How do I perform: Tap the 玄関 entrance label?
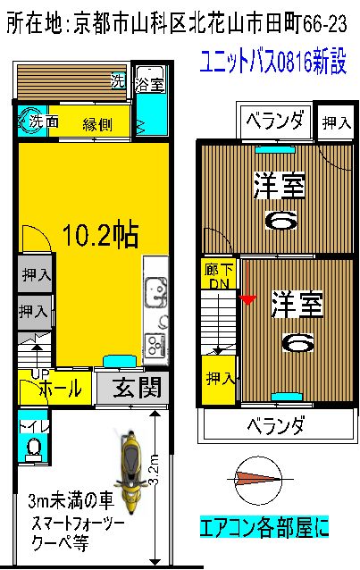point(137,388)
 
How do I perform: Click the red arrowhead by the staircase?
point(247,299)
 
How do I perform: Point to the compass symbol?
point(259,479)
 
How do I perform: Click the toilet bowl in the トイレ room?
point(34,446)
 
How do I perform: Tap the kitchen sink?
point(156,293)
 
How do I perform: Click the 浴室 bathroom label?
point(149,85)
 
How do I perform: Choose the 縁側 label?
point(96,124)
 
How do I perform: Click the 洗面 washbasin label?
point(44,121)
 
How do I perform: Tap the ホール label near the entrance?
point(61,388)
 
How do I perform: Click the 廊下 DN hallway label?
point(219,276)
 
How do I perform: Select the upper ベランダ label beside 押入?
point(274,121)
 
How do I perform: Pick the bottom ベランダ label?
point(275,425)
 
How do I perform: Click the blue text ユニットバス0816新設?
point(273,63)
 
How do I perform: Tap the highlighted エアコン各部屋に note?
point(264,527)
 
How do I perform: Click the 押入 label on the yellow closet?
point(220,379)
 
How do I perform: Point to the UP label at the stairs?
point(40,373)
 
